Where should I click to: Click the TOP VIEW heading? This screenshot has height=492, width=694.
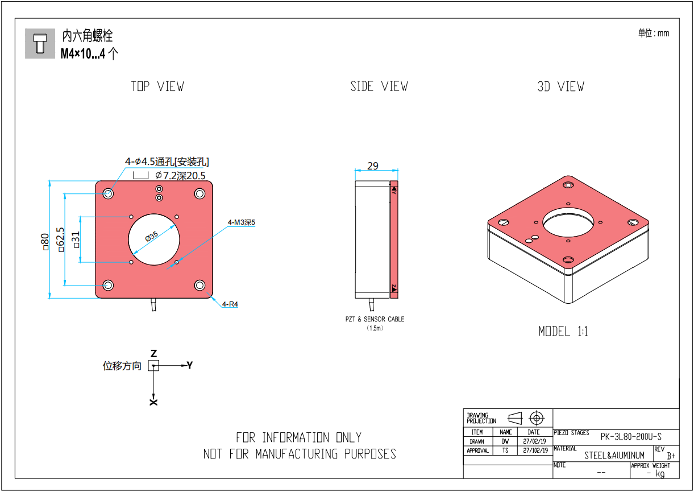point(157,86)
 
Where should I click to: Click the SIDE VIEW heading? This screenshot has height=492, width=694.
point(379,86)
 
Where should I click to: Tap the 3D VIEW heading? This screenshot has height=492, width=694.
point(561,86)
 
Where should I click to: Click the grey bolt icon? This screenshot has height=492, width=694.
point(40,43)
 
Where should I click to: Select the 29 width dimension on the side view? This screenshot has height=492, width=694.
point(373,166)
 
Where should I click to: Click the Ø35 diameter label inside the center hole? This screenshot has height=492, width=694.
point(152,236)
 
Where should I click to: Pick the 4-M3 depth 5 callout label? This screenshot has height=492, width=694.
point(242,222)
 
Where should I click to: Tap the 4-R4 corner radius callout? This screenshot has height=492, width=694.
point(230,304)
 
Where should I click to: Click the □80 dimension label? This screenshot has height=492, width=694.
point(45,242)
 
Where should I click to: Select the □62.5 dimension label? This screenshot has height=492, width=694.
point(60,239)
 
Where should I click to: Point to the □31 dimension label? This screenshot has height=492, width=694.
point(76,239)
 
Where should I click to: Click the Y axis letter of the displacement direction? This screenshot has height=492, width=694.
point(190,365)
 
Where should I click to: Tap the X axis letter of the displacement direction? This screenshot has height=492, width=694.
point(153,402)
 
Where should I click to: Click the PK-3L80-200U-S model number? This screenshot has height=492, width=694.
point(631,437)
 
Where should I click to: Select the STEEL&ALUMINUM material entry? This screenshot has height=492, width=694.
point(614,456)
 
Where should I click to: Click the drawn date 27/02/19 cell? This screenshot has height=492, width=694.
point(534,441)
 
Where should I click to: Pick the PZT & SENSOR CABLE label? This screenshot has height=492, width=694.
point(375,319)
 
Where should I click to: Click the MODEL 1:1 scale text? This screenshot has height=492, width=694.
point(563,332)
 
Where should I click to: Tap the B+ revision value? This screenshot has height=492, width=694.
point(671,456)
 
